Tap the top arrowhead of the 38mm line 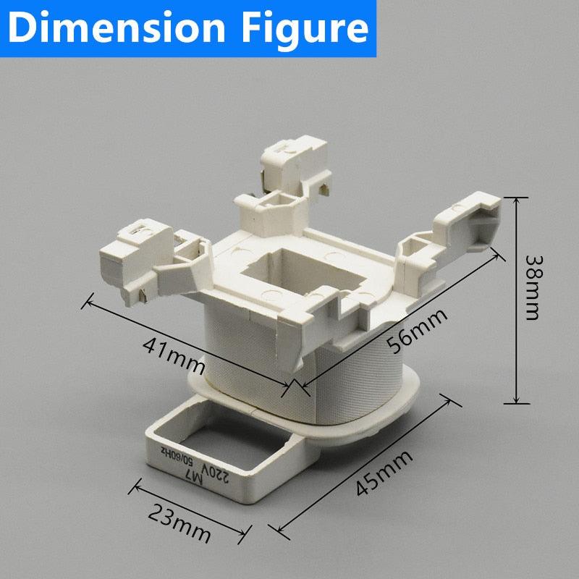point(516,199)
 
